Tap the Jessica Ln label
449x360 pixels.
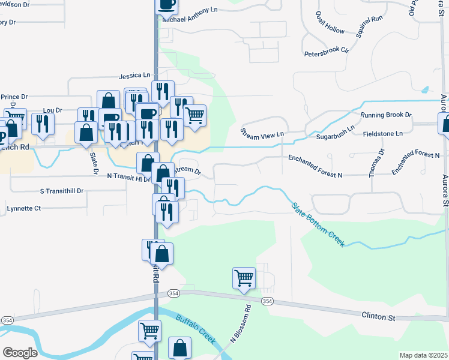[x=134, y=76]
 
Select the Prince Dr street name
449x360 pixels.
[x=14, y=97]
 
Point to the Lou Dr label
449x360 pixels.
[x=53, y=110]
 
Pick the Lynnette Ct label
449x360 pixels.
[x=23, y=208]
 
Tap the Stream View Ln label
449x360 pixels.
[x=262, y=133]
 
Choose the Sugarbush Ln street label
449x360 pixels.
[x=336, y=133]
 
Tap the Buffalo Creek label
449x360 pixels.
[x=196, y=328]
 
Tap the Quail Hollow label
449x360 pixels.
[x=330, y=23]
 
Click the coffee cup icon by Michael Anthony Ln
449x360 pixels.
[x=167, y=5]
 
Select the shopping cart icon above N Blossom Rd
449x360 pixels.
[x=244, y=278]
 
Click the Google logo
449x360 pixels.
[x=20, y=353]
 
